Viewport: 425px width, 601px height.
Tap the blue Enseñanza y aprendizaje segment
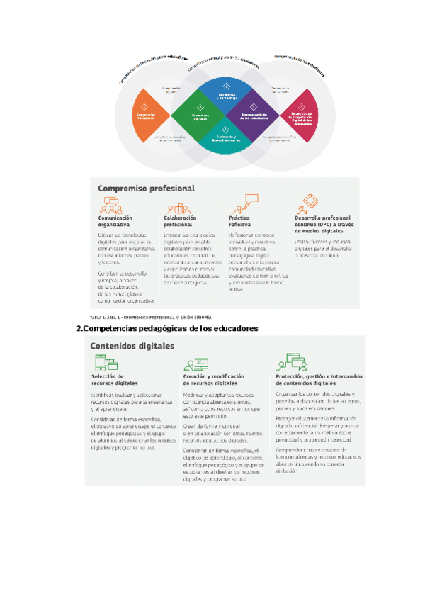point(225,92)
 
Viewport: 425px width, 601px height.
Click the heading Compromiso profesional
point(146,189)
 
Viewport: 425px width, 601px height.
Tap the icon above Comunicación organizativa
point(110,208)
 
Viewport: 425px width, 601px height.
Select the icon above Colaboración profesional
point(176,208)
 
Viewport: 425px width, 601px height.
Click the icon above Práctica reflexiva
point(239,208)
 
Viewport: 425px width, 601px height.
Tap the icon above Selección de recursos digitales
point(103,364)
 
